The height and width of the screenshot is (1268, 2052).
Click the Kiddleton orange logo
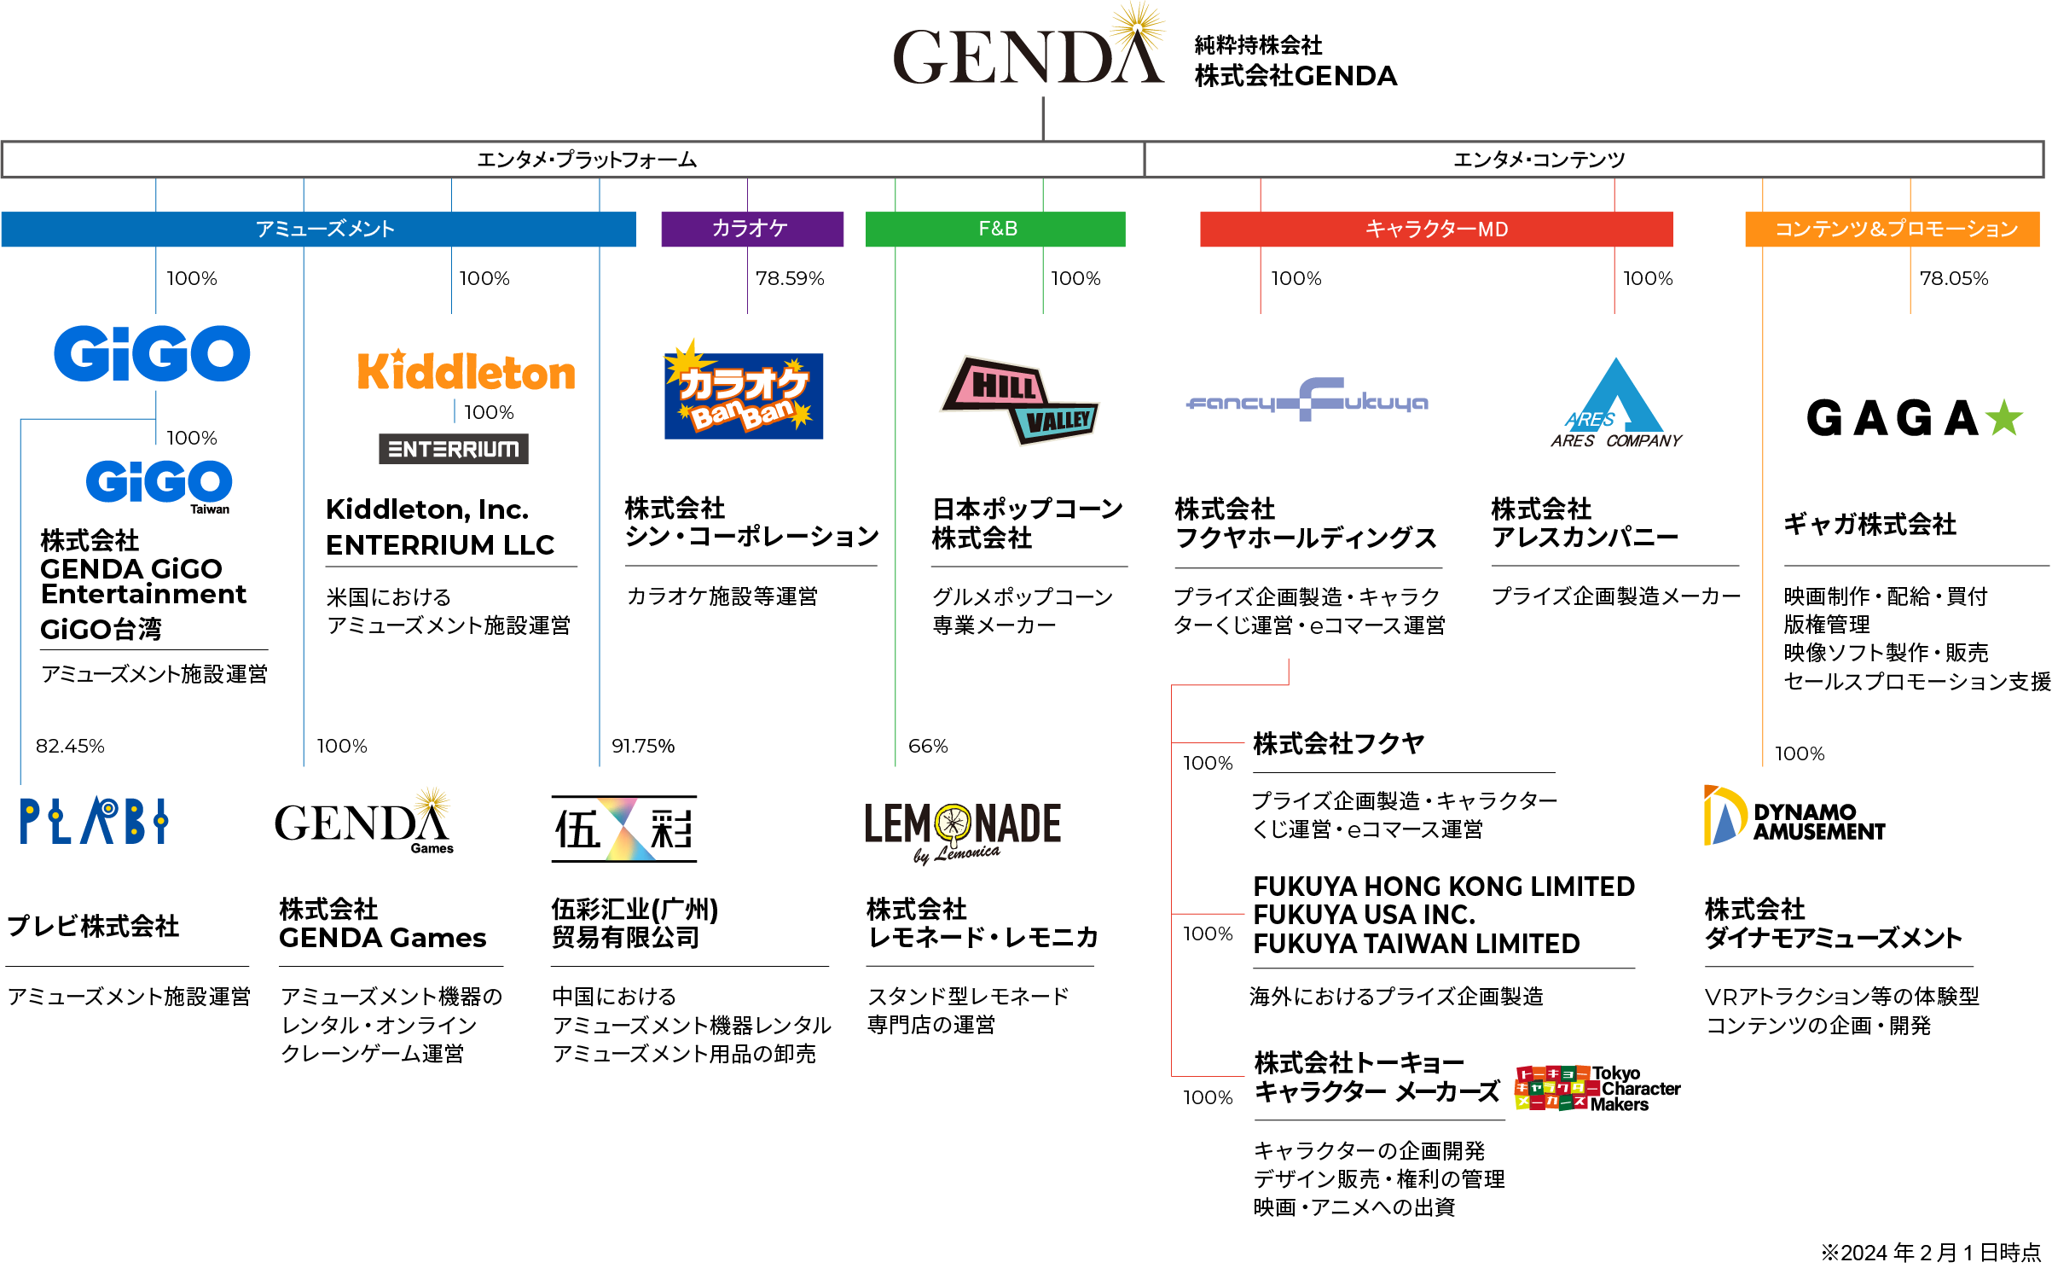(x=466, y=372)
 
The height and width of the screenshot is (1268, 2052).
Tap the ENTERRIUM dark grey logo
(x=453, y=449)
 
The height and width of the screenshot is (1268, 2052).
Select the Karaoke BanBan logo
(x=743, y=393)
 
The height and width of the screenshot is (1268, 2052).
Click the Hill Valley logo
(x=1020, y=400)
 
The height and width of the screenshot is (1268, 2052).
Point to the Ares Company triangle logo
(x=1615, y=403)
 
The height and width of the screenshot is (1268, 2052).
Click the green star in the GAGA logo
(x=2003, y=418)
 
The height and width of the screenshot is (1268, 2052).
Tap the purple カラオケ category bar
(x=751, y=229)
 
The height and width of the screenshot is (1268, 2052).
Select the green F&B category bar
(x=995, y=229)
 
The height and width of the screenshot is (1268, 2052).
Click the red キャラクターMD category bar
(x=1435, y=229)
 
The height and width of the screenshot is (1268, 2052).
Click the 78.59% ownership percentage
(x=790, y=278)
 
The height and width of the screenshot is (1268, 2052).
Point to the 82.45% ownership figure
(x=70, y=746)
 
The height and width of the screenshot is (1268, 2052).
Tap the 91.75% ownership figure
(x=642, y=746)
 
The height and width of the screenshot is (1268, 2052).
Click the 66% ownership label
(x=928, y=746)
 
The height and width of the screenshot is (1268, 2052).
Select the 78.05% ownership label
(x=1953, y=278)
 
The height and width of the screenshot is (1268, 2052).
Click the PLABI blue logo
(x=94, y=821)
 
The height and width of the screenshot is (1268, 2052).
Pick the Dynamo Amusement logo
(x=1794, y=817)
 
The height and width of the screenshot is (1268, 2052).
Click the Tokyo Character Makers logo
(x=1597, y=1088)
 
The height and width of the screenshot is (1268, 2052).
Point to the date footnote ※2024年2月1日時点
(x=1930, y=1252)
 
